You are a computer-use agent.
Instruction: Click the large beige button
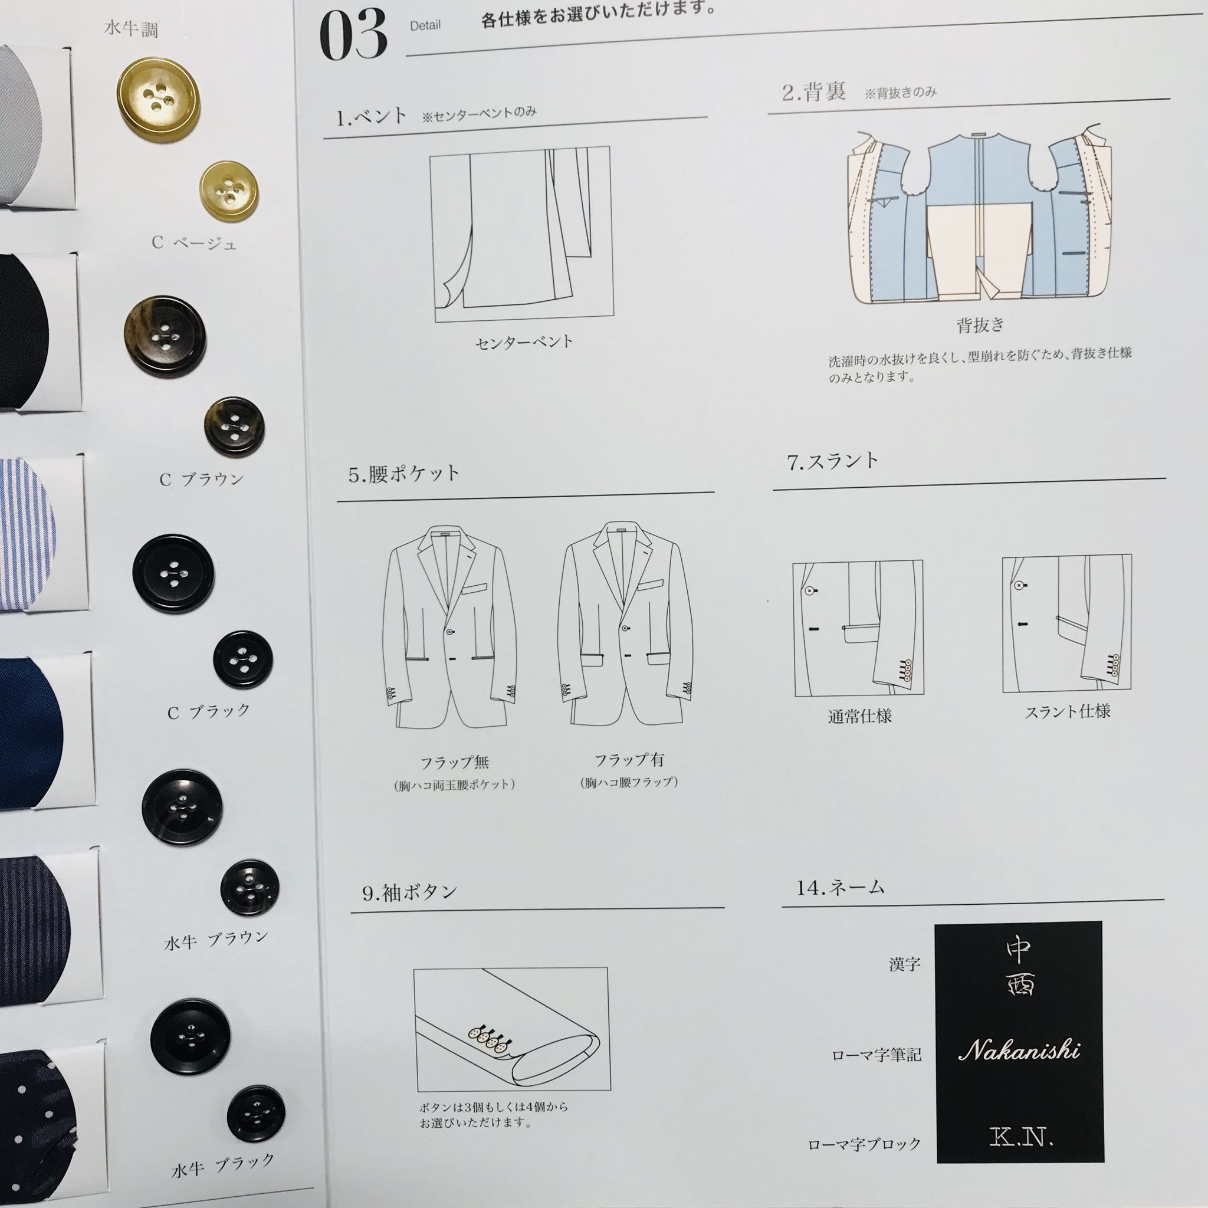pos(158,100)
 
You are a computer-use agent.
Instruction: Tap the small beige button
pos(229,191)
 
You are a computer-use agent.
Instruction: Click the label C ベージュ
pos(194,242)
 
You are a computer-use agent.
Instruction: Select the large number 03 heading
pos(353,35)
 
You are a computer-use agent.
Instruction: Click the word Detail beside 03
pos(425,25)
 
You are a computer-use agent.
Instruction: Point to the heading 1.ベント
pos(372,116)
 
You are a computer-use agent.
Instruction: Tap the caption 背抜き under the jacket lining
pos(980,325)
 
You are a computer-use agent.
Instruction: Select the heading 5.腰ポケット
pos(404,474)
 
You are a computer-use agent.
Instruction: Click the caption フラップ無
pos(455,762)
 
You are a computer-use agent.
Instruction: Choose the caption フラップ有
pos(629,760)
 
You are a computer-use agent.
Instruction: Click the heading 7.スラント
pos(833,461)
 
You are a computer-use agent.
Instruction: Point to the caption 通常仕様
pos(860,716)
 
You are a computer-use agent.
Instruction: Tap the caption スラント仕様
pos(1067,711)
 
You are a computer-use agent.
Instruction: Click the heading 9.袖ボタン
pos(409,892)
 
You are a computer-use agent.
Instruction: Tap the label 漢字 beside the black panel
pos(905,964)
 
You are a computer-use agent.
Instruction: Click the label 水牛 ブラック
pos(223,1166)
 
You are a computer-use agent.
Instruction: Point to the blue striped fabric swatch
pos(28,534)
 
